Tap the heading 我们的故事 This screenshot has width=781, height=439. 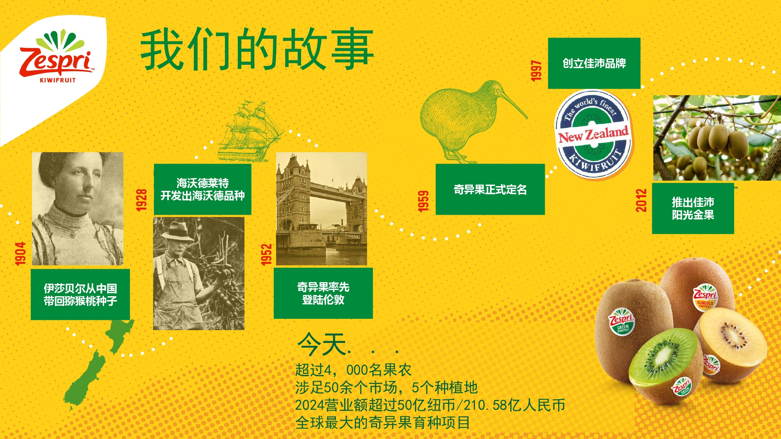click(x=257, y=49)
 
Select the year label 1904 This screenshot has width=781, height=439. click(x=20, y=254)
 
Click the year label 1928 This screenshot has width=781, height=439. click(x=141, y=200)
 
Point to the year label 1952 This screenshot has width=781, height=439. click(x=266, y=254)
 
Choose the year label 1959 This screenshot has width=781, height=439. click(x=423, y=201)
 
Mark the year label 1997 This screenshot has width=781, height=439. click(x=536, y=71)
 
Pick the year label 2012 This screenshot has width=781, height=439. click(x=641, y=200)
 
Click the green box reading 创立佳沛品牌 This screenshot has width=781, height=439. click(x=594, y=63)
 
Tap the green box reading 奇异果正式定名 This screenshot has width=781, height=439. click(x=490, y=189)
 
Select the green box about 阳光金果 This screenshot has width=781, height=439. click(x=693, y=208)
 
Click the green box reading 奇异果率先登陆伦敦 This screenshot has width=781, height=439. click(x=323, y=293)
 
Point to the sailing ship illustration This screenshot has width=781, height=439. click(x=250, y=131)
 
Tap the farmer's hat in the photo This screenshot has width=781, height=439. click(x=178, y=231)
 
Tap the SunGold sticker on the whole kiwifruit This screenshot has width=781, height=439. click(x=705, y=297)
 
